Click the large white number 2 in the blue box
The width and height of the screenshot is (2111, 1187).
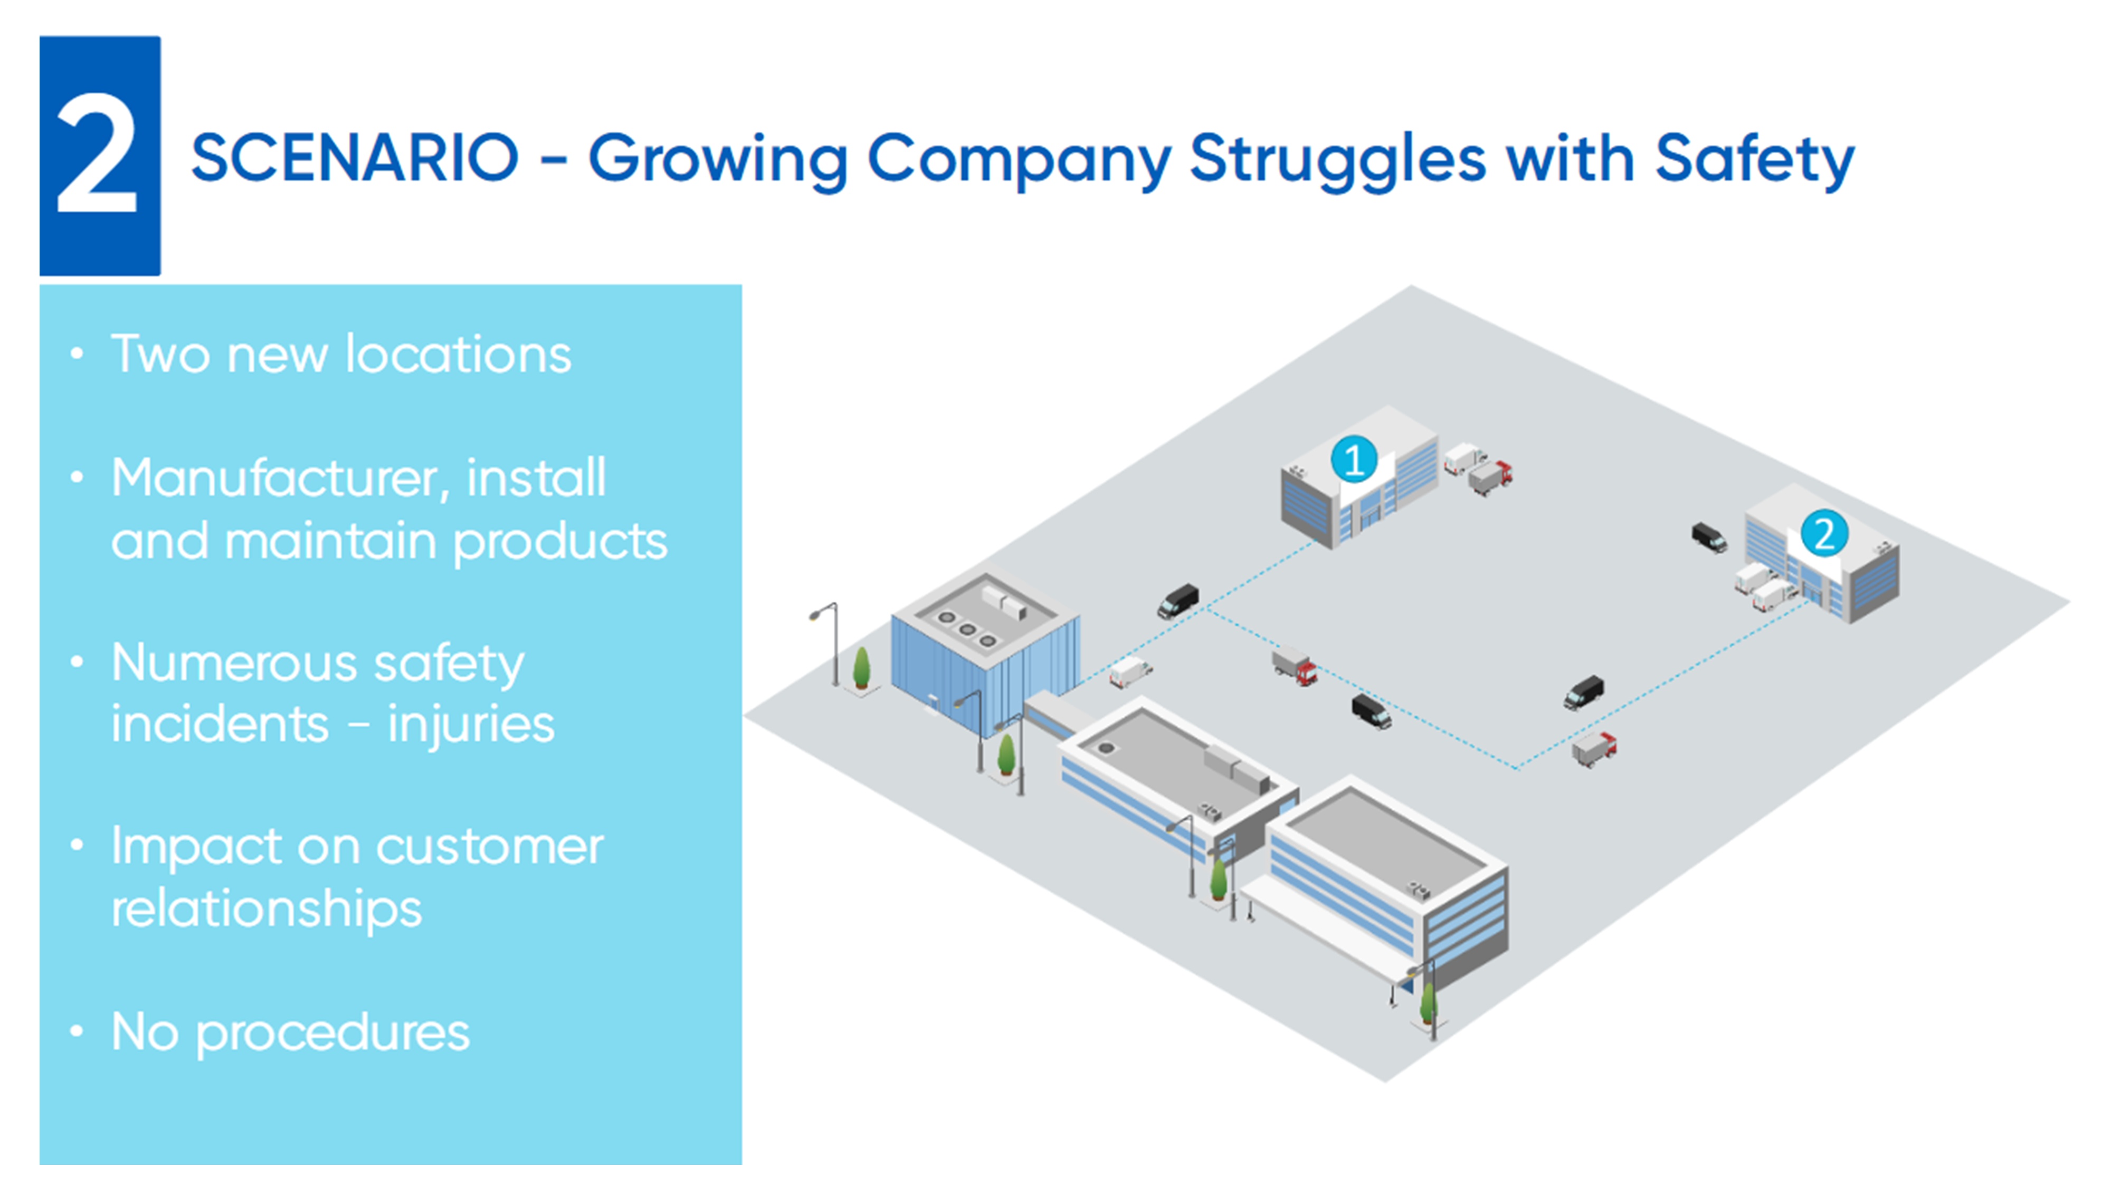(98, 153)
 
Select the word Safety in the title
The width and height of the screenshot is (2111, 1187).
(1755, 160)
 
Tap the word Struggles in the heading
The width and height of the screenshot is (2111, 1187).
(1337, 160)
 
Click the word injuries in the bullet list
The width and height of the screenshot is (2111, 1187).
(471, 725)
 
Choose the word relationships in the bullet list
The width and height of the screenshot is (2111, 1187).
(267, 910)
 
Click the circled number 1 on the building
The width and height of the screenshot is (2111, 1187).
(1354, 460)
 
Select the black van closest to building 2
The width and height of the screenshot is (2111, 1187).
(1709, 538)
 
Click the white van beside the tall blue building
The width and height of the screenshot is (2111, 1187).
(1130, 673)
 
